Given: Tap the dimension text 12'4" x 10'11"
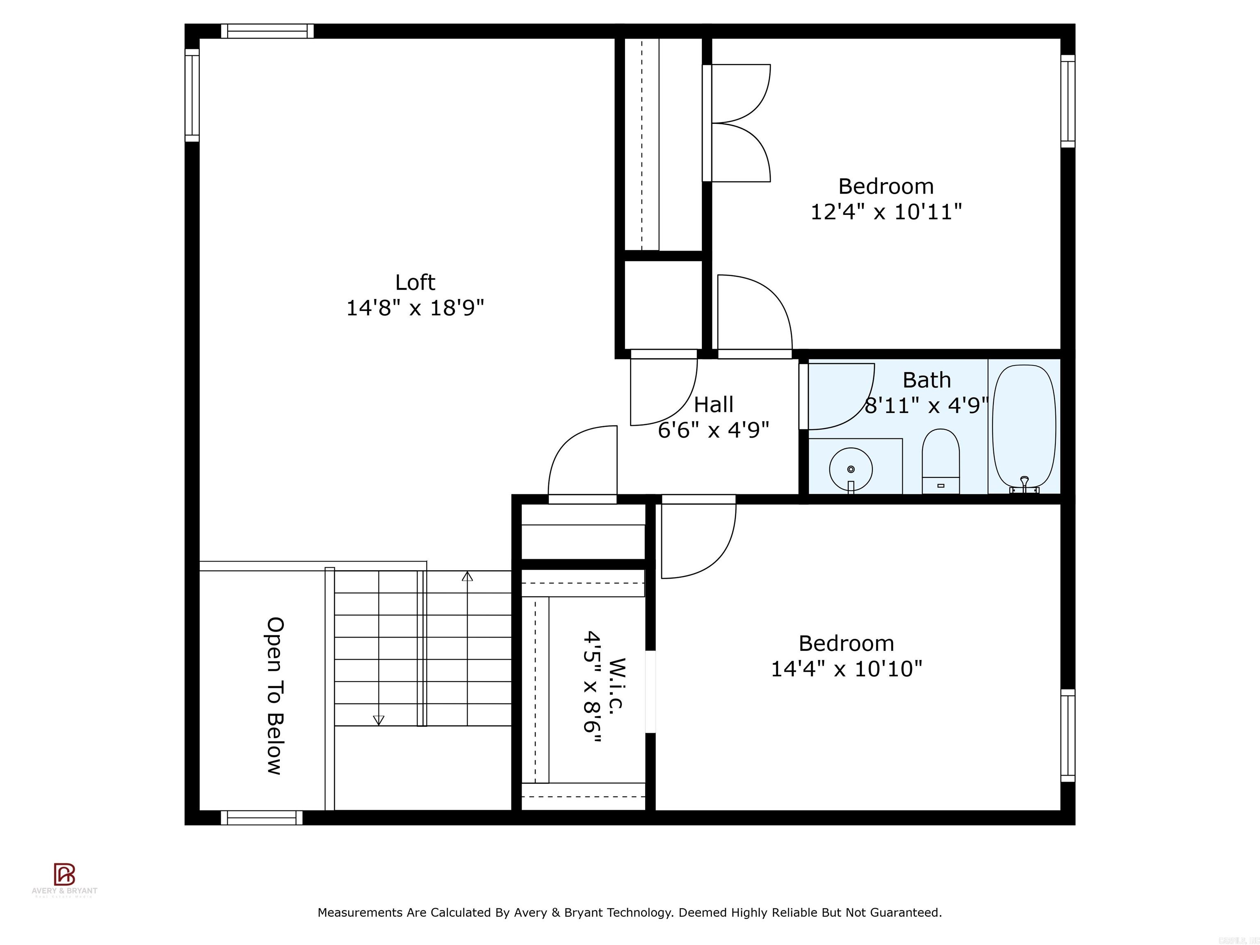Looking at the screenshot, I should coord(886,212).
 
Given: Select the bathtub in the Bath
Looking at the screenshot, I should coord(1024,425).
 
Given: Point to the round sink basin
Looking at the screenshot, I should coord(850,469).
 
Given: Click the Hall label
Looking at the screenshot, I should coord(713,405).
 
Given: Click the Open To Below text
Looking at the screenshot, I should coord(274,696).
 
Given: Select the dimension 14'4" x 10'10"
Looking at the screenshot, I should coord(846,669).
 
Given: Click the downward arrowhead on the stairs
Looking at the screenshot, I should coord(378,721).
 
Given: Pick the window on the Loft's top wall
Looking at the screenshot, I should coord(267,31).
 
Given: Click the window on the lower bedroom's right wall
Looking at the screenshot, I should coord(1068,735).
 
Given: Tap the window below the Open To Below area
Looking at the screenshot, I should coord(261,818).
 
